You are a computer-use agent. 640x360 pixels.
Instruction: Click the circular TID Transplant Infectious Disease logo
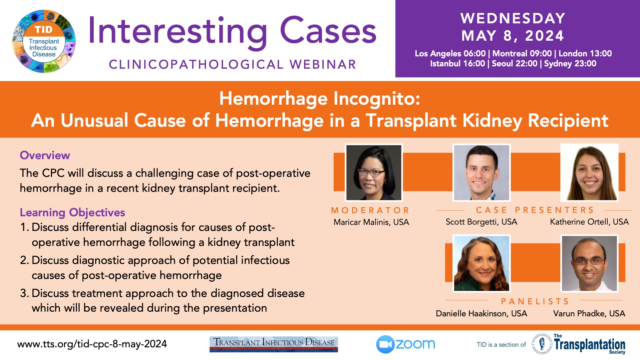pos(44,41)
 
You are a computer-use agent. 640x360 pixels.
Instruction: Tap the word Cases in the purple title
pos(328,31)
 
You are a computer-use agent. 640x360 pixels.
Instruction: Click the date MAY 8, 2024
pos(513,36)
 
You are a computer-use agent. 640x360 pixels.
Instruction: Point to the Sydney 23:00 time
pos(570,63)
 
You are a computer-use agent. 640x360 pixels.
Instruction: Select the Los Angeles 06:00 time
pos(450,53)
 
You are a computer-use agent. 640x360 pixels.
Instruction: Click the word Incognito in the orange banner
pos(377,99)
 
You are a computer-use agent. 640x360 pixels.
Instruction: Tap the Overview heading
pos(45,155)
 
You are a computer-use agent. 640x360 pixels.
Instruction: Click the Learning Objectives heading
pos(72,213)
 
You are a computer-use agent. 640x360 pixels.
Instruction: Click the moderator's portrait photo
pos(374,173)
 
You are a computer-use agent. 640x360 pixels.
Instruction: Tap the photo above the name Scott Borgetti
pos(481,173)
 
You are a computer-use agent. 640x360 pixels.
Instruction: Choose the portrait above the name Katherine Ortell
pos(589,173)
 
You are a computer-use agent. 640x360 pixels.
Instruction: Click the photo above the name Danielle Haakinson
pos(481,263)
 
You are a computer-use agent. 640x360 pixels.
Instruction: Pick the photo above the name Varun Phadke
pos(589,263)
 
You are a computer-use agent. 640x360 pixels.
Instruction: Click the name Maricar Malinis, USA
pos(371,222)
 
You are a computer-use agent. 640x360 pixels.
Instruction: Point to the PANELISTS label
pos(535,301)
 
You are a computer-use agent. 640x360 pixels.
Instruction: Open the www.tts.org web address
pos(92,344)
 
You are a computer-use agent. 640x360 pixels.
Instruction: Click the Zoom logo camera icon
pos(385,344)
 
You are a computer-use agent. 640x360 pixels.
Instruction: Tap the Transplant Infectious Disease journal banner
pos(274,344)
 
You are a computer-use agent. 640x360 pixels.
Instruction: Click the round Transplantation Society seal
pos(542,344)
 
